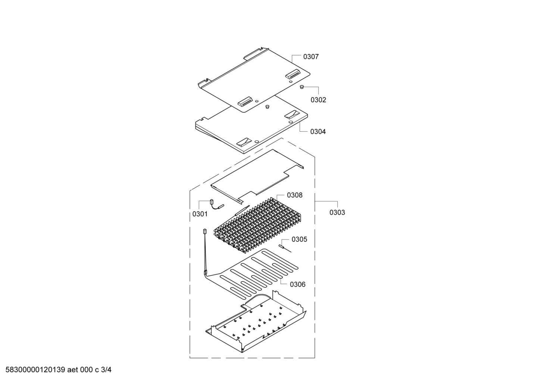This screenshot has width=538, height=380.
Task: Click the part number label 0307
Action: [x=311, y=57]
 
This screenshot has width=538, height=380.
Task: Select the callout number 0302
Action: [x=318, y=100]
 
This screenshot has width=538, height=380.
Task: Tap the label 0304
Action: [x=318, y=132]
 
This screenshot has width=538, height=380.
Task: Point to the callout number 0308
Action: [x=295, y=195]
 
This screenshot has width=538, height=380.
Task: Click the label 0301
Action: [x=200, y=214]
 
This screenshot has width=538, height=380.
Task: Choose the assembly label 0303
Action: [x=337, y=213]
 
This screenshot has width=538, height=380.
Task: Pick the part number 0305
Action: [x=299, y=239]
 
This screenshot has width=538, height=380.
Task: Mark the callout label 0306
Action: [x=298, y=285]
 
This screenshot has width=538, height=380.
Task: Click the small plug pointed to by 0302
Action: [x=302, y=87]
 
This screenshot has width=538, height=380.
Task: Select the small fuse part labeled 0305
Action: [x=284, y=248]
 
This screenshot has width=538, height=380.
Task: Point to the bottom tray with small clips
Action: [x=256, y=322]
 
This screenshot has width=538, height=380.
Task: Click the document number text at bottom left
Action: [x=35, y=370]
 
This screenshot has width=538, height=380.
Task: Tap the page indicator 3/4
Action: [x=106, y=370]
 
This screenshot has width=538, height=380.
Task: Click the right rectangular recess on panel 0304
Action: [x=292, y=114]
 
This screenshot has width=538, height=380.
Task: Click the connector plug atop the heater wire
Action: [x=204, y=231]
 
